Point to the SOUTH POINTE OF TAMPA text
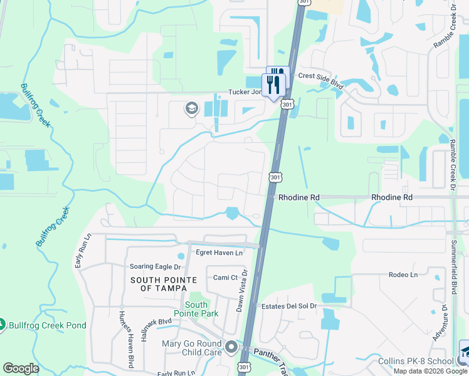pyautogui.click(x=159, y=284)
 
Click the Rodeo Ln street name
pyautogui.click(x=403, y=274)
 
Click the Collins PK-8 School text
pyautogui.click(x=416, y=361)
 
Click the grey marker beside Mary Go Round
pyautogui.click(x=231, y=347)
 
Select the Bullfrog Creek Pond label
pyautogui.click(x=48, y=326)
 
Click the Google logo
pyautogui.click(x=21, y=368)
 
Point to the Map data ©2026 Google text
pyautogui.click(x=431, y=371)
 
